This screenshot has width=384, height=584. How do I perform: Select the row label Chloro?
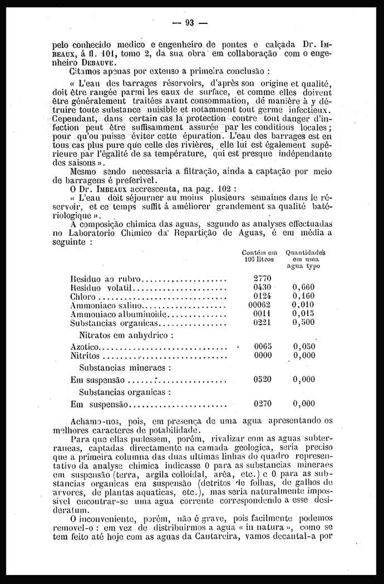pyautogui.click(x=82, y=296)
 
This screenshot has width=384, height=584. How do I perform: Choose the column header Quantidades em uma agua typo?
pyautogui.click(x=305, y=259)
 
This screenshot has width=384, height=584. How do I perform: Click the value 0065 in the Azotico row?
pyautogui.click(x=262, y=346)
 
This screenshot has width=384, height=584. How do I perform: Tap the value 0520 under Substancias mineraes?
pyautogui.click(x=262, y=379)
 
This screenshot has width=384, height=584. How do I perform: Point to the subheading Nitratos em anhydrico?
pyautogui.click(x=126, y=335)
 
